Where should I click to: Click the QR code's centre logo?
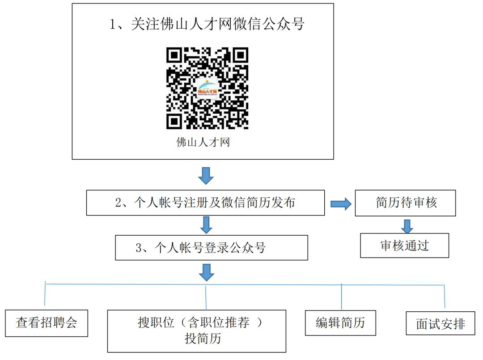(208, 89)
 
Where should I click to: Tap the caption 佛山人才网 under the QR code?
(203, 142)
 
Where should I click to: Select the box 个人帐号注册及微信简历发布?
(205, 203)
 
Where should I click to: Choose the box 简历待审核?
(405, 203)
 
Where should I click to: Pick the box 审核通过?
(404, 246)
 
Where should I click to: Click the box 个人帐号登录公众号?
(211, 248)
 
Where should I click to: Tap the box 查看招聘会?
(47, 323)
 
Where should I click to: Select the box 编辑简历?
(340, 323)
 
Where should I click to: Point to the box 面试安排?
(441, 323)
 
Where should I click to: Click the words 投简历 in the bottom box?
(203, 339)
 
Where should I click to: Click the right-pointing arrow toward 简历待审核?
(341, 204)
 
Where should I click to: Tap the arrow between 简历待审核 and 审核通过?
(407, 226)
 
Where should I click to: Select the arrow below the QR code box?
(206, 176)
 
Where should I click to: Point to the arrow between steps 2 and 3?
(206, 225)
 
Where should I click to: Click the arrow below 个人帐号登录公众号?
(206, 272)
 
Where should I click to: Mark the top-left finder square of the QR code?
(175, 55)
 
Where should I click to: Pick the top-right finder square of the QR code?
(240, 55)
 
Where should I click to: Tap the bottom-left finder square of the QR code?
(175, 121)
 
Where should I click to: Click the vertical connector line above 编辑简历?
(341, 297)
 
